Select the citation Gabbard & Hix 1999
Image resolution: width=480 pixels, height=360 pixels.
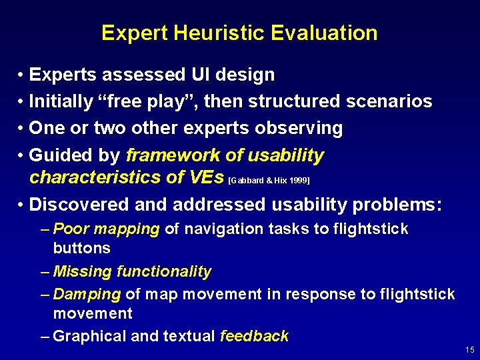pyautogui.click(x=269, y=181)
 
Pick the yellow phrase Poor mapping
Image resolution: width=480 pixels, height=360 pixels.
pyautogui.click(x=106, y=229)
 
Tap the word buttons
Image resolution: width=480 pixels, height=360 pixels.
pyautogui.click(x=81, y=248)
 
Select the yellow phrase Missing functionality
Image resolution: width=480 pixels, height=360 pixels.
pyautogui.click(x=132, y=271)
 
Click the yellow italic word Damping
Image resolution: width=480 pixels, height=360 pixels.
pyautogui.click(x=87, y=294)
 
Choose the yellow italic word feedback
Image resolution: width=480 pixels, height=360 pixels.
pyautogui.click(x=254, y=336)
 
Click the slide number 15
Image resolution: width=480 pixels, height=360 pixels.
pyautogui.click(x=469, y=350)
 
